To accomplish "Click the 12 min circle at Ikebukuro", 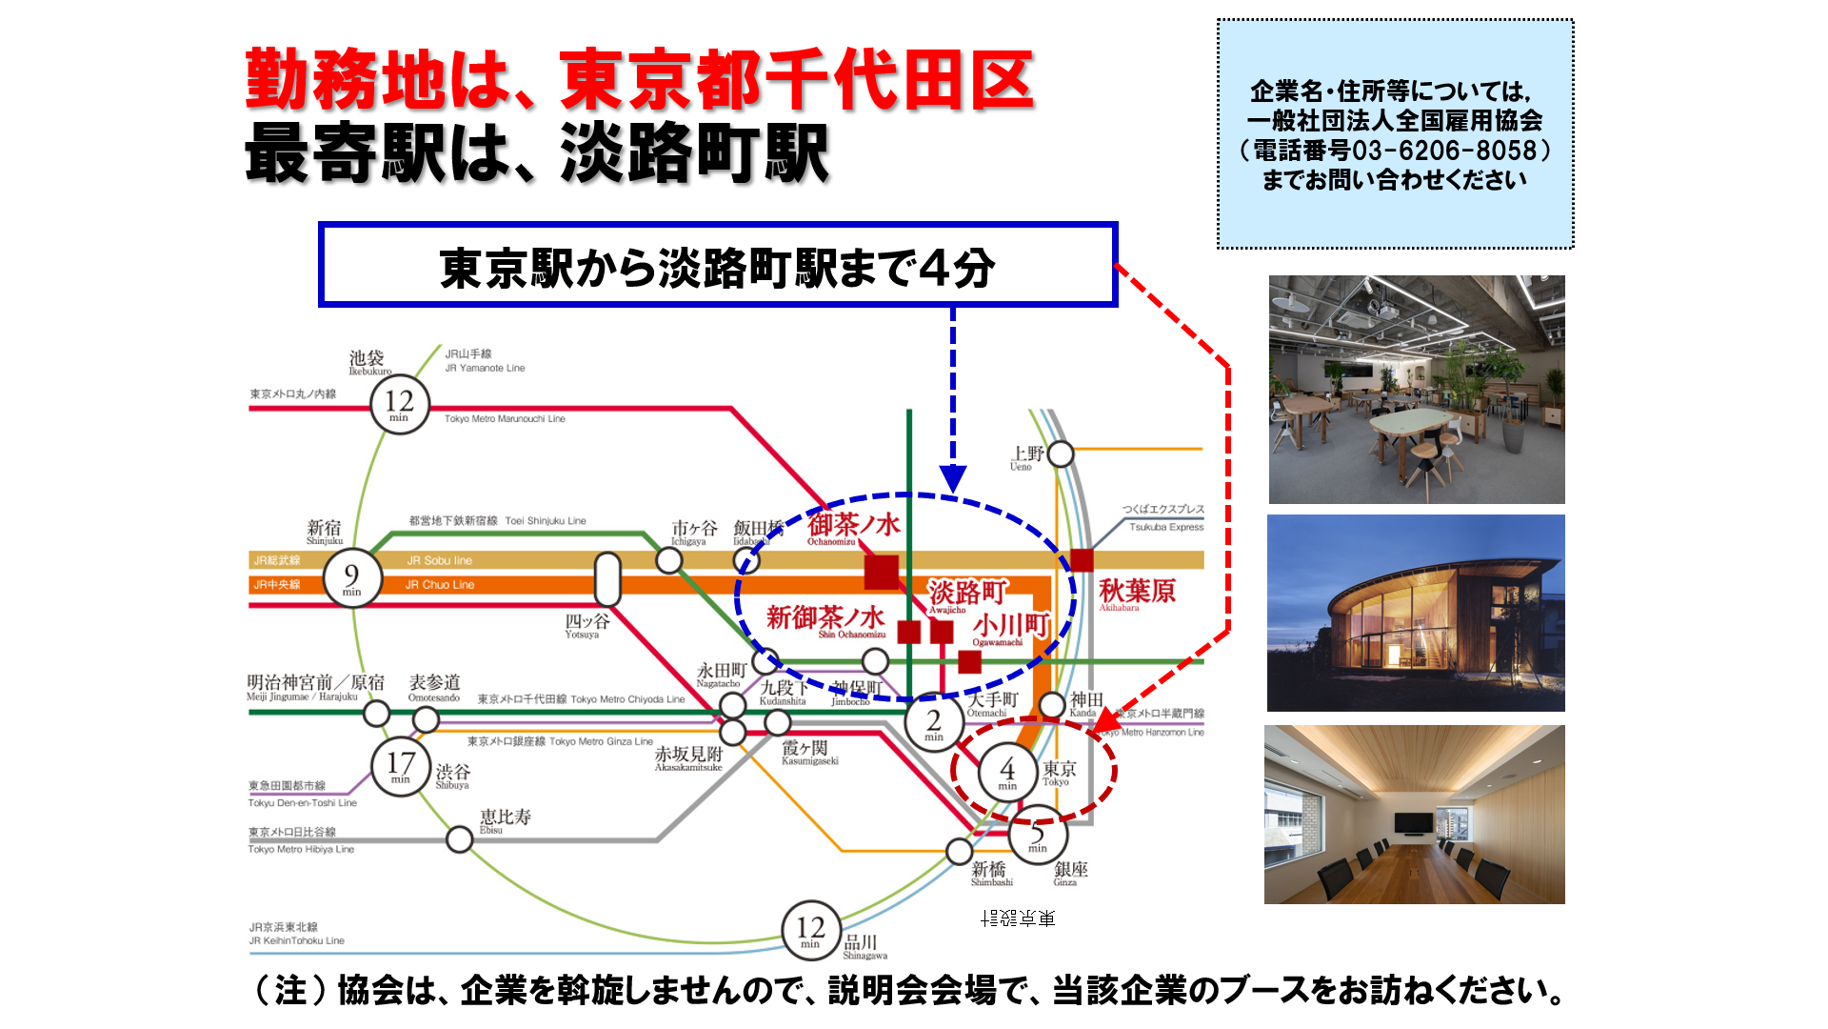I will [399, 404].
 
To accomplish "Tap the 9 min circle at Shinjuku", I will [352, 578].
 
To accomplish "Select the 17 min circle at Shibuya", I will [400, 766].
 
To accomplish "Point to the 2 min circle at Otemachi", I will [934, 724].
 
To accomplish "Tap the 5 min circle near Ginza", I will [1038, 836].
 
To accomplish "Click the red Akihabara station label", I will [1137, 593].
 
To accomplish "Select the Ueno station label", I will [1027, 456].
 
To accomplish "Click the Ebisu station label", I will [505, 819].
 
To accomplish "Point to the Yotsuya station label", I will [586, 625].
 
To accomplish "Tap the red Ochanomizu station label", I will [853, 527].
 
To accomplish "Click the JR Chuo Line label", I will [439, 585].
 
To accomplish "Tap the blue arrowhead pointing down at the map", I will [953, 478].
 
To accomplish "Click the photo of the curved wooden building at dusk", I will [1416, 613].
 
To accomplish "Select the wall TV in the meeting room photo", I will [1414, 822].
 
